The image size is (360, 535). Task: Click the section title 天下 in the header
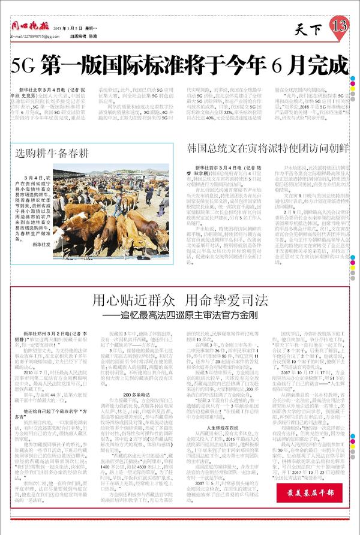coord(310,28)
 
